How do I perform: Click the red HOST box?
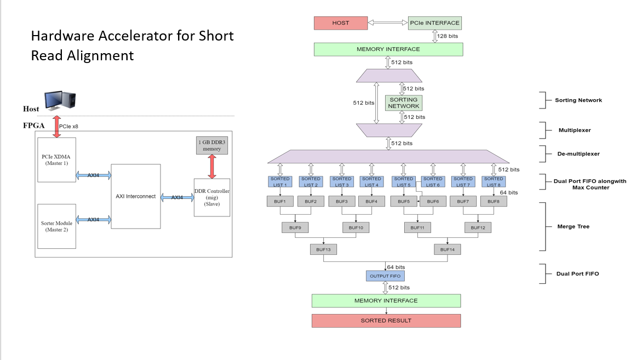coord(340,23)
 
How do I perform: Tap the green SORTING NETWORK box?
coord(403,103)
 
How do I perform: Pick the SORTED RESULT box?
coord(386,321)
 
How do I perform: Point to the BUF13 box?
coord(324,249)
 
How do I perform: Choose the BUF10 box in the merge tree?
coord(356,227)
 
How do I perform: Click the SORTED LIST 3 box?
coord(342,181)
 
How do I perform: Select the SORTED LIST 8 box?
coord(494,181)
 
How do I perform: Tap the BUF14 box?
coord(448,249)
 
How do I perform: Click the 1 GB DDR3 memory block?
coord(211,145)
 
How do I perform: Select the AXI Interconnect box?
coord(136,196)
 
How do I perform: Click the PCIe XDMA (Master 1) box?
coord(56,159)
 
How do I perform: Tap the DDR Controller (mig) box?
coord(211,197)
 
